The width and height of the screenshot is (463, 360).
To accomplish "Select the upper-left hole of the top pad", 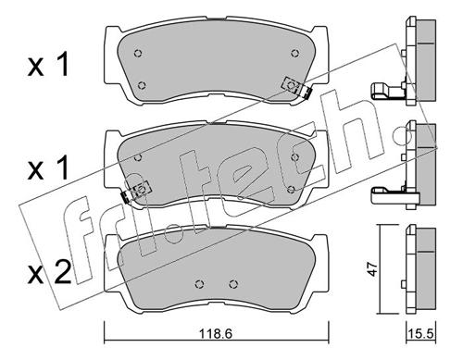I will (x=136, y=52).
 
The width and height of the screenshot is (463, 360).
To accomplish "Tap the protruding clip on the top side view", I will (x=383, y=90).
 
